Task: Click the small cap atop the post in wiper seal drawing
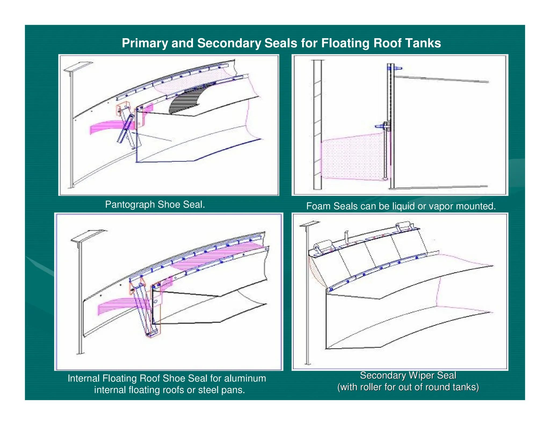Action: [x=310, y=224]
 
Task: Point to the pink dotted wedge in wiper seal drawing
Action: [x=316, y=271]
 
